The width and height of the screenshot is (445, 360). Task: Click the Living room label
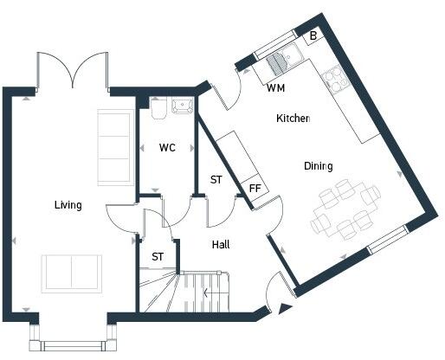(68, 205)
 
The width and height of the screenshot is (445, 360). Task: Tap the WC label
(167, 148)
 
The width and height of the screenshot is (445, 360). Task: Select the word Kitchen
(293, 119)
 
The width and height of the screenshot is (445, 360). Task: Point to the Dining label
(319, 166)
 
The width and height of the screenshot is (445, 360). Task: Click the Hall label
(221, 245)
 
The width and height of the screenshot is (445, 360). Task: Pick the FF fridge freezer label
(255, 189)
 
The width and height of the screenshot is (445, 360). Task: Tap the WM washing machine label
(276, 87)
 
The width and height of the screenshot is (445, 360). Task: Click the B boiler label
(313, 35)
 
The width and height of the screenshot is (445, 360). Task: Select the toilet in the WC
(158, 108)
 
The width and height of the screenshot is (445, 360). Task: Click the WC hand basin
(182, 106)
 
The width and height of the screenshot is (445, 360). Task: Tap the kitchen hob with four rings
(335, 80)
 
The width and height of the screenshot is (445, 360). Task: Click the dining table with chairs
(345, 209)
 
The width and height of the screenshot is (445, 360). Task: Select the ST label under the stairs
(158, 257)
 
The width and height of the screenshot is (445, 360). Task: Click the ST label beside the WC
(216, 180)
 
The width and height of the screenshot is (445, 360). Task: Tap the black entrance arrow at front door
(284, 309)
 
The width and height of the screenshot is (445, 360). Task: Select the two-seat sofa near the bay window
(72, 273)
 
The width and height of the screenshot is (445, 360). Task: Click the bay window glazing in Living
(73, 345)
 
